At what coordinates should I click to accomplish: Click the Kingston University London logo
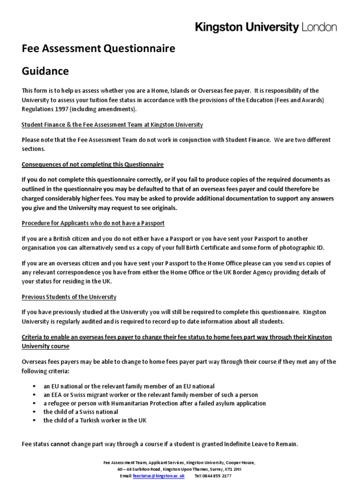point(266,28)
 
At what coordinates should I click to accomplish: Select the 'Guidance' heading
point(45,71)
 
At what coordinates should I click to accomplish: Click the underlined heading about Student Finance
point(112,125)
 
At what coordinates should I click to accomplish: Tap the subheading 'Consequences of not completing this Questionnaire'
point(93,165)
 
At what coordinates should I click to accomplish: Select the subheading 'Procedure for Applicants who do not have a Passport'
point(93,223)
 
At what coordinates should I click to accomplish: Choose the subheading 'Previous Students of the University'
point(69,297)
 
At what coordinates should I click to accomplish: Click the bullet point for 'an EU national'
point(129,386)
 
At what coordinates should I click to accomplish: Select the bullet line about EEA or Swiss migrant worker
point(150,395)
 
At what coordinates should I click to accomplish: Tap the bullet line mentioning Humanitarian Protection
point(155,403)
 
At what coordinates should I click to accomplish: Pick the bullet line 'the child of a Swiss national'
point(81,412)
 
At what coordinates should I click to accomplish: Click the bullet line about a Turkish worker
point(95,420)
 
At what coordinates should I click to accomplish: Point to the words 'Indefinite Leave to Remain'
point(258,444)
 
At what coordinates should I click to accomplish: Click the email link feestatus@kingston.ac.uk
point(158,475)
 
